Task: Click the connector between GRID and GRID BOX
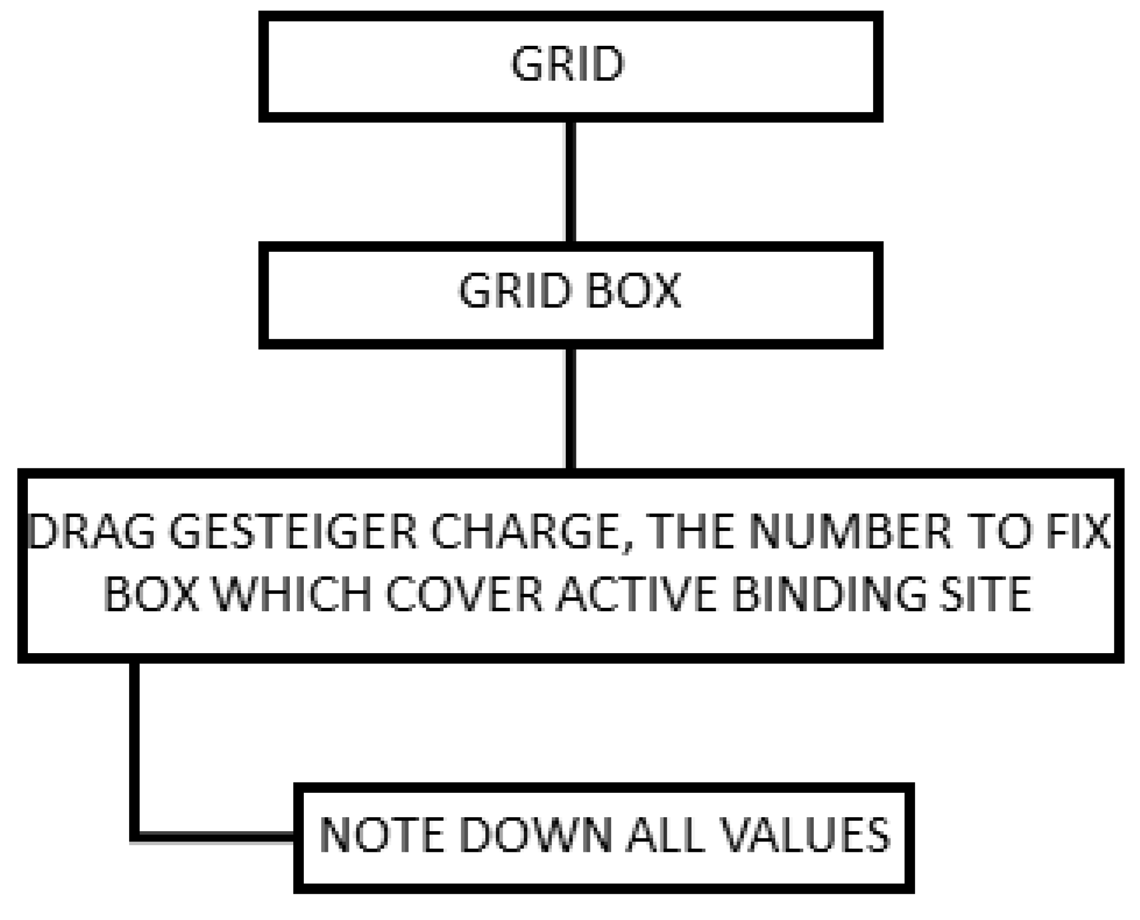click(570, 182)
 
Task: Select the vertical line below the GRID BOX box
click(570, 409)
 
